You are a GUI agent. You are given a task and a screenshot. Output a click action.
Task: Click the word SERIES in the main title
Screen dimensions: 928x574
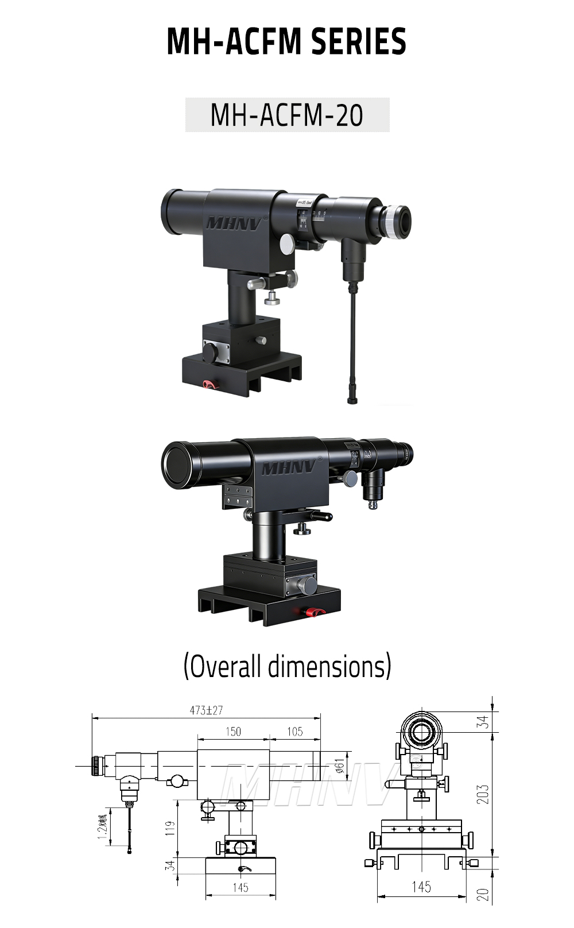point(358,41)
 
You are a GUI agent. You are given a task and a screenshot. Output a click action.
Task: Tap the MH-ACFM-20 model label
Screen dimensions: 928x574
point(287,115)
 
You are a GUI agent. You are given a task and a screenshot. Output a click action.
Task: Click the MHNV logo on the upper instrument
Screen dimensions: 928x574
point(233,223)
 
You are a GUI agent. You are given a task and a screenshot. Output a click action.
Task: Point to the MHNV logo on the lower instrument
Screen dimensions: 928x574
point(289,468)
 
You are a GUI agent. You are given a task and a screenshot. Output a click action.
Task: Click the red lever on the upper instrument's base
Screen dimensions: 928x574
point(209,384)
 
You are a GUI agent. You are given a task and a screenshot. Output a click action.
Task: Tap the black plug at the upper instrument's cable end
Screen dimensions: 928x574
point(352,398)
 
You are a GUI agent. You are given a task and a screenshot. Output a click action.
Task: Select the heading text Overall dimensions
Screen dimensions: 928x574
point(287,666)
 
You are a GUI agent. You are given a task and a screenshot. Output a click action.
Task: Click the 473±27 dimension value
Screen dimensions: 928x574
point(206,710)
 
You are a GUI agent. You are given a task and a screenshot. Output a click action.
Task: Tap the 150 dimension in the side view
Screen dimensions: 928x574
point(233,732)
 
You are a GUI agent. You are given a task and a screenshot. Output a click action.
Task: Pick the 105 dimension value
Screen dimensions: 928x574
point(294,732)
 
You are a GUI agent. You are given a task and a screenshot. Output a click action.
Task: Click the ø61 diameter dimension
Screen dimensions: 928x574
point(339,765)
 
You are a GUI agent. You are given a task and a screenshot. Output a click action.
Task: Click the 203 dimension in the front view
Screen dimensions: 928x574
point(483,794)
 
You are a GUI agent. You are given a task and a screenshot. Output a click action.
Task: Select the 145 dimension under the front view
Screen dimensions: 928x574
point(421,887)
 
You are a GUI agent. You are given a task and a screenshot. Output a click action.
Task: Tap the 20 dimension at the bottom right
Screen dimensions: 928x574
point(483,895)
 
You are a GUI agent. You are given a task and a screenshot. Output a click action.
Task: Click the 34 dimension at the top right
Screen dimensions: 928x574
point(483,722)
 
